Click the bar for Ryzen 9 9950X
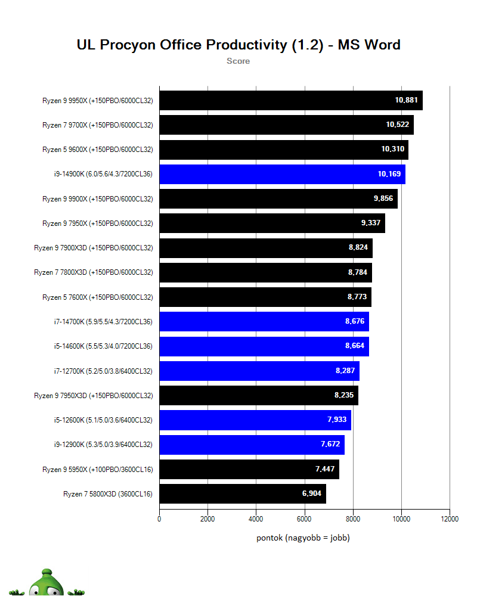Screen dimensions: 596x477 coord(291,101)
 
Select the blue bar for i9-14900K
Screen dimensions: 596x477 coord(282,175)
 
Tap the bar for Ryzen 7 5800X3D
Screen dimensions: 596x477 coord(243,493)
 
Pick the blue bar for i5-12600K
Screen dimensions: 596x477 coord(255,420)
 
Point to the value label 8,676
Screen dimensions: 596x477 coord(356,322)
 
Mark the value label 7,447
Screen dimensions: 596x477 coord(326,470)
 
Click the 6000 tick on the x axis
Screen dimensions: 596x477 coord(305,519)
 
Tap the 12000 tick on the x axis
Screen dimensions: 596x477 coord(450,519)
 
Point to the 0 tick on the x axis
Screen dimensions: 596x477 coord(159,519)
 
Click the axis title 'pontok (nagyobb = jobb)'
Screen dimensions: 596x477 coord(303,538)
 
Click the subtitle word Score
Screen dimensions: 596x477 coord(238,61)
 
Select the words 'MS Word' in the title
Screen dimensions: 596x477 coord(369,45)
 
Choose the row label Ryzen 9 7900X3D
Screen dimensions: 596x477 coord(94,248)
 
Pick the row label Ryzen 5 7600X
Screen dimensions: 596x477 coord(98,297)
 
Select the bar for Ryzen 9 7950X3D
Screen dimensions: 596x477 coord(259,396)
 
